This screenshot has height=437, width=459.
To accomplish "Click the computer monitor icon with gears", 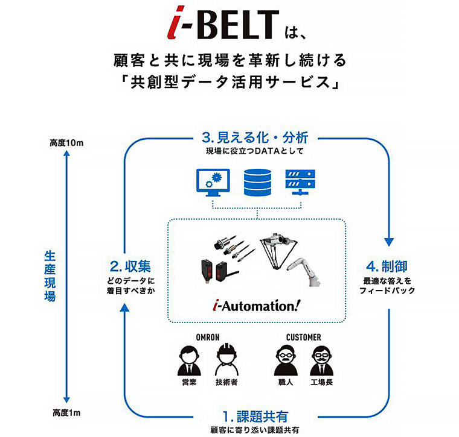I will (x=213, y=183).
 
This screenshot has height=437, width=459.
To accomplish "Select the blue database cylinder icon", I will (x=258, y=182).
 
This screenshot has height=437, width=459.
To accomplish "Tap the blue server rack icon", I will (x=302, y=181).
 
